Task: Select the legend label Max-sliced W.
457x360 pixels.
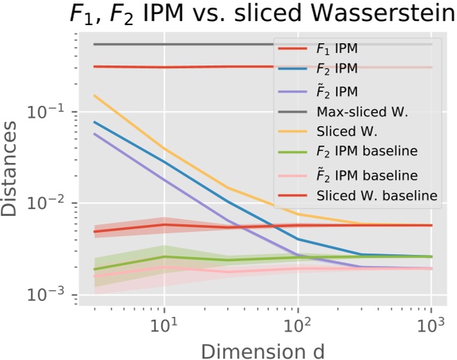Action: point(362,111)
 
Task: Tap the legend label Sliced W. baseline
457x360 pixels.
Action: point(377,196)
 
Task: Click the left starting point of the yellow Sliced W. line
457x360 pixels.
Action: point(94,95)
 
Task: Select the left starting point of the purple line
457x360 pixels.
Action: point(94,134)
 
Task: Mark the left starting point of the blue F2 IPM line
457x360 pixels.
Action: point(94,122)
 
